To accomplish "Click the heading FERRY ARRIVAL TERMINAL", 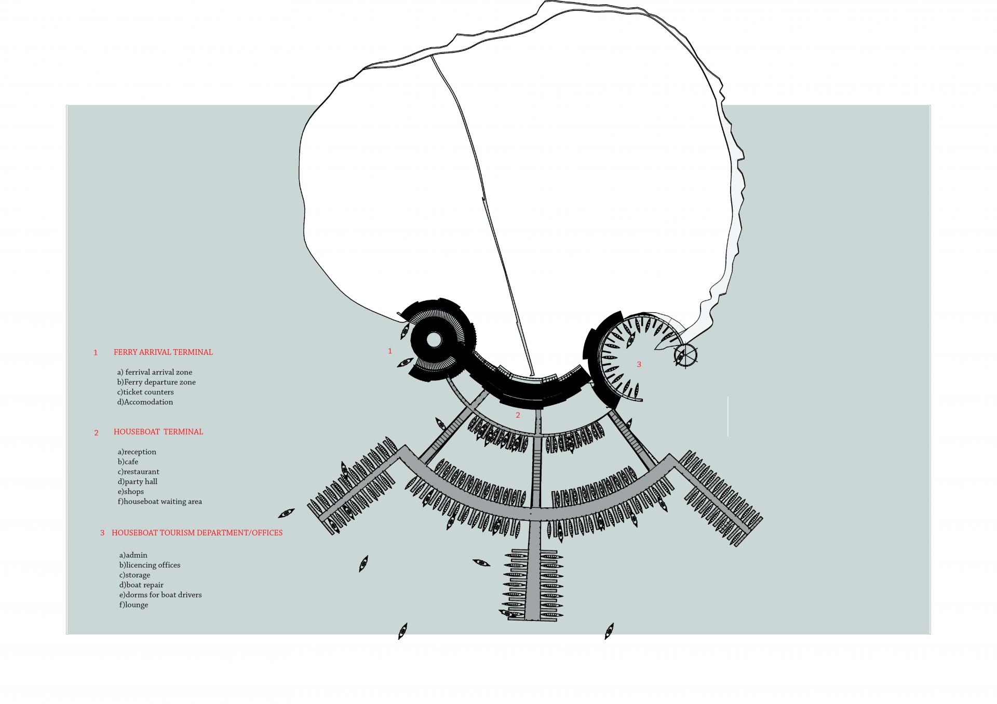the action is click(x=163, y=352).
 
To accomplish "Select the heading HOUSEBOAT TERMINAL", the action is click(x=158, y=432).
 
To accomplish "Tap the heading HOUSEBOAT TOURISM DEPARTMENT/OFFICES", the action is click(x=197, y=533).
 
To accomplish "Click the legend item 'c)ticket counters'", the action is click(x=145, y=392).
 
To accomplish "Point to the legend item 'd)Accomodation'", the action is click(x=145, y=402).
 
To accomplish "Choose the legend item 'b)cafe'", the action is click(x=128, y=462).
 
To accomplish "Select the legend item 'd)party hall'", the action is click(x=138, y=482).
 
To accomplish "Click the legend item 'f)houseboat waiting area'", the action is click(x=160, y=502).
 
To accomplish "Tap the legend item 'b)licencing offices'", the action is click(x=150, y=565).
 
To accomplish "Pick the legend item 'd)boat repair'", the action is click(x=141, y=585).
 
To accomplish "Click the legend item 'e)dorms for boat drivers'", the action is click(x=160, y=595).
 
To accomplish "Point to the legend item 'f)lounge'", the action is click(x=133, y=605).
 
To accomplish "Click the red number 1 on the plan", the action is click(x=390, y=351).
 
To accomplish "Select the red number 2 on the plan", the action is click(x=518, y=415).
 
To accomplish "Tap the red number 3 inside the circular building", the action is click(x=639, y=365).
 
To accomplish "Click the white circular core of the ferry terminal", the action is click(x=434, y=340).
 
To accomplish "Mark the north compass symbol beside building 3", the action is click(x=685, y=355).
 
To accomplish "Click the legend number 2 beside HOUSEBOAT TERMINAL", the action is click(x=96, y=433).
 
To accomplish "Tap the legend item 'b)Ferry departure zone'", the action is click(x=156, y=382).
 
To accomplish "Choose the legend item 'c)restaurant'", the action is click(x=138, y=472).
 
